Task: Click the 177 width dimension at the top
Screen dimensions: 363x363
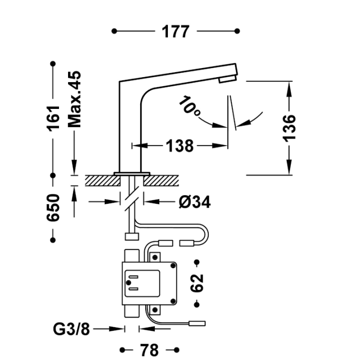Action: [175, 31]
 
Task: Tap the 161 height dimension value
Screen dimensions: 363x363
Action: [53, 118]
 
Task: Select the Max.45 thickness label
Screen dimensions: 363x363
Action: [75, 99]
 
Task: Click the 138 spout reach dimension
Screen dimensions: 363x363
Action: [179, 146]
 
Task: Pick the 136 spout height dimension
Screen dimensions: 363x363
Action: [289, 128]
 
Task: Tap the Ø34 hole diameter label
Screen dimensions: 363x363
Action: [195, 202]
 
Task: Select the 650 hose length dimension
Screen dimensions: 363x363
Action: [53, 208]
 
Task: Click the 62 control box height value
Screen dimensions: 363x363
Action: [197, 283]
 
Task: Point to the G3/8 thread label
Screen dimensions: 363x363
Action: [71, 329]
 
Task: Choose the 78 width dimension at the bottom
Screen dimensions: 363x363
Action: [149, 350]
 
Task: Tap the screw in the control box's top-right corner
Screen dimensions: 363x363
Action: [173, 266]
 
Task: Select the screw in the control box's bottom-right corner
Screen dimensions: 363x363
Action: [173, 301]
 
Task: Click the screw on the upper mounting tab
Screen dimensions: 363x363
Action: [155, 257]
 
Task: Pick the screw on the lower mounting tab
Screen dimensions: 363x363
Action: [155, 310]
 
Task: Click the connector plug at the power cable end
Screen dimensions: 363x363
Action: [197, 323]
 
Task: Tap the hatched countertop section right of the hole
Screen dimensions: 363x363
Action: [161, 180]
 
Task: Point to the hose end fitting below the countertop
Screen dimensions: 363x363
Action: [132, 236]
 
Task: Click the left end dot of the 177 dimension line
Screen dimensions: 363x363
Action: [114, 31]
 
